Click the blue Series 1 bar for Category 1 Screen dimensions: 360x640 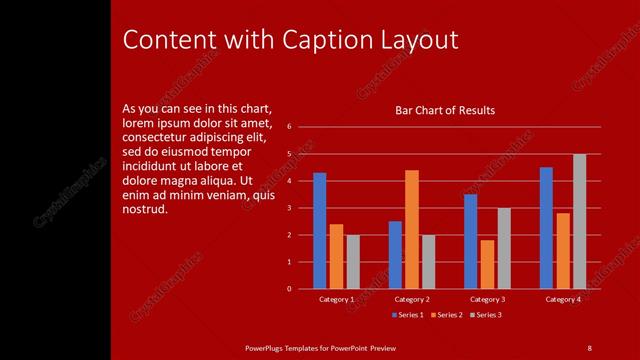point(319,231)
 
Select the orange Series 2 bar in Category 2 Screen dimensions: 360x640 point(411,229)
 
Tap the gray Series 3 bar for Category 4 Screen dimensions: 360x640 point(580,221)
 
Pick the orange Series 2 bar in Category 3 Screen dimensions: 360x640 point(487,264)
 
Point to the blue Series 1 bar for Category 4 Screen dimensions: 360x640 point(546,228)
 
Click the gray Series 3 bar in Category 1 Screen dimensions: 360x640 point(353,262)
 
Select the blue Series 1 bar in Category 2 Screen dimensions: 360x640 point(395,255)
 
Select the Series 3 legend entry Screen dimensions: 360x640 point(484,315)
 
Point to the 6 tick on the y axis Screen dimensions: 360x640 point(288,127)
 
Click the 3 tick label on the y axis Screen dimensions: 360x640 point(288,208)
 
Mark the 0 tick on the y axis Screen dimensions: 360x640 point(288,289)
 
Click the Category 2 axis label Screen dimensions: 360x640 point(412,299)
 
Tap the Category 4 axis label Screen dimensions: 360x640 point(563,299)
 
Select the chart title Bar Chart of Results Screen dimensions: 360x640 point(445,110)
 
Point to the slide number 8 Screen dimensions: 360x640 point(589,347)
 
